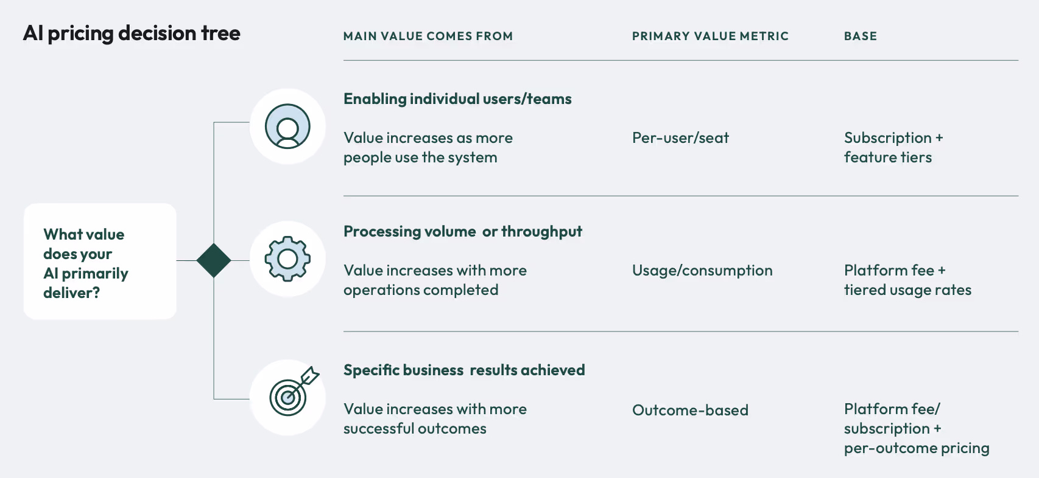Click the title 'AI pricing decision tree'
(132, 33)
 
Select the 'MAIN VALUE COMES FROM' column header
(428, 36)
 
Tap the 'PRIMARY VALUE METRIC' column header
(710, 36)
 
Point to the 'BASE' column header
(860, 36)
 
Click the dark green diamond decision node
(214, 260)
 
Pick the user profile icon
(287, 126)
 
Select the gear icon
(287, 259)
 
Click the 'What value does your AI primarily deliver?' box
(100, 262)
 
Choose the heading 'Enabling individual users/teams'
(457, 99)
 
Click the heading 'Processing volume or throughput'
(462, 232)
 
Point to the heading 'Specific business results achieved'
(464, 370)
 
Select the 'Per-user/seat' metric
(680, 138)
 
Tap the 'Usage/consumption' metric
(702, 271)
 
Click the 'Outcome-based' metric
(690, 410)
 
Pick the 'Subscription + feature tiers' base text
(893, 148)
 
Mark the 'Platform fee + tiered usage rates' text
(907, 280)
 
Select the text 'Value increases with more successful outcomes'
(435, 419)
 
